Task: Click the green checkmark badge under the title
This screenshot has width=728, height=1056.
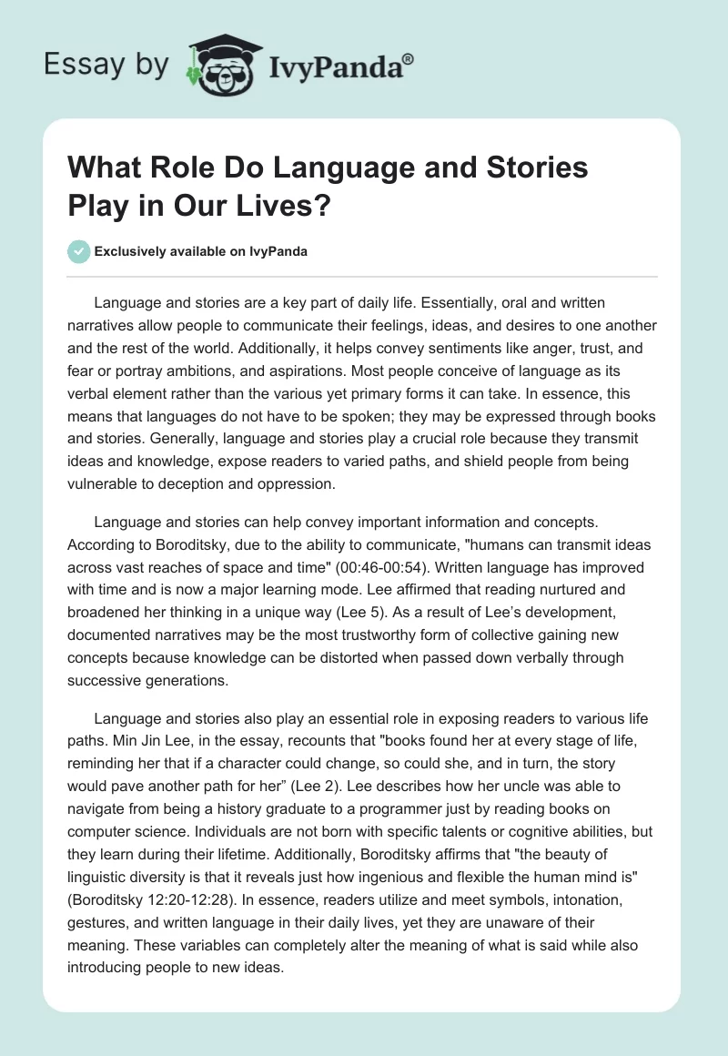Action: pyautogui.click(x=80, y=251)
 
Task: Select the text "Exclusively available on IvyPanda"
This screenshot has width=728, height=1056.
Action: pyautogui.click(x=201, y=251)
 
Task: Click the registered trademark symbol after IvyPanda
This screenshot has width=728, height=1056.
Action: pyautogui.click(x=409, y=57)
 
